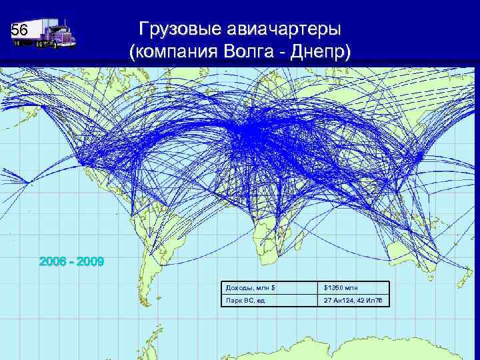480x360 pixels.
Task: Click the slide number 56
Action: pyautogui.click(x=19, y=31)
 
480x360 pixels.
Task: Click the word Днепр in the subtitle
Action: pyautogui.click(x=321, y=53)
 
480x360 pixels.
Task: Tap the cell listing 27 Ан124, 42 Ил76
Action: pyautogui.click(x=353, y=301)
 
